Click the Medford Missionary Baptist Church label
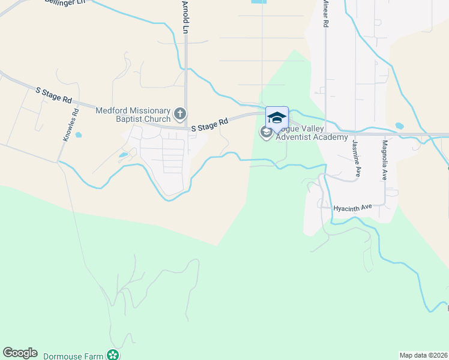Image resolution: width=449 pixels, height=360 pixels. click(133, 114)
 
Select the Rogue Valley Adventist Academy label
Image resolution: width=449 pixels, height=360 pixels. click(312, 134)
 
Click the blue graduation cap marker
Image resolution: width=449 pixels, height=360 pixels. click(277, 117)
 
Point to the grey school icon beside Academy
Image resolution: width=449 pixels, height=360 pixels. click(267, 132)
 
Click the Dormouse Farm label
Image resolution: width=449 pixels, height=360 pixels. click(73, 356)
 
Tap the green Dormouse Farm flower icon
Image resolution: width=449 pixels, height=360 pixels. click(113, 355)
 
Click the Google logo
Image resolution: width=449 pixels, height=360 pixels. click(20, 353)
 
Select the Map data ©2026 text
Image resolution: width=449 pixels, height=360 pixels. click(423, 355)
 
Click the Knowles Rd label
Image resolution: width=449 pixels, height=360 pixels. click(71, 124)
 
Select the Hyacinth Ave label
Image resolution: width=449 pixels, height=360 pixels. click(354, 207)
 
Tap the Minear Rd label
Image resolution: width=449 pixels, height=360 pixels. click(325, 13)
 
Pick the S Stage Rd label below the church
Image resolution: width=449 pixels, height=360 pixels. click(209, 125)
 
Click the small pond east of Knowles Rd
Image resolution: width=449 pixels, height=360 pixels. click(79, 135)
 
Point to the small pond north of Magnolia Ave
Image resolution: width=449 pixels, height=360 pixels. click(400, 127)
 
